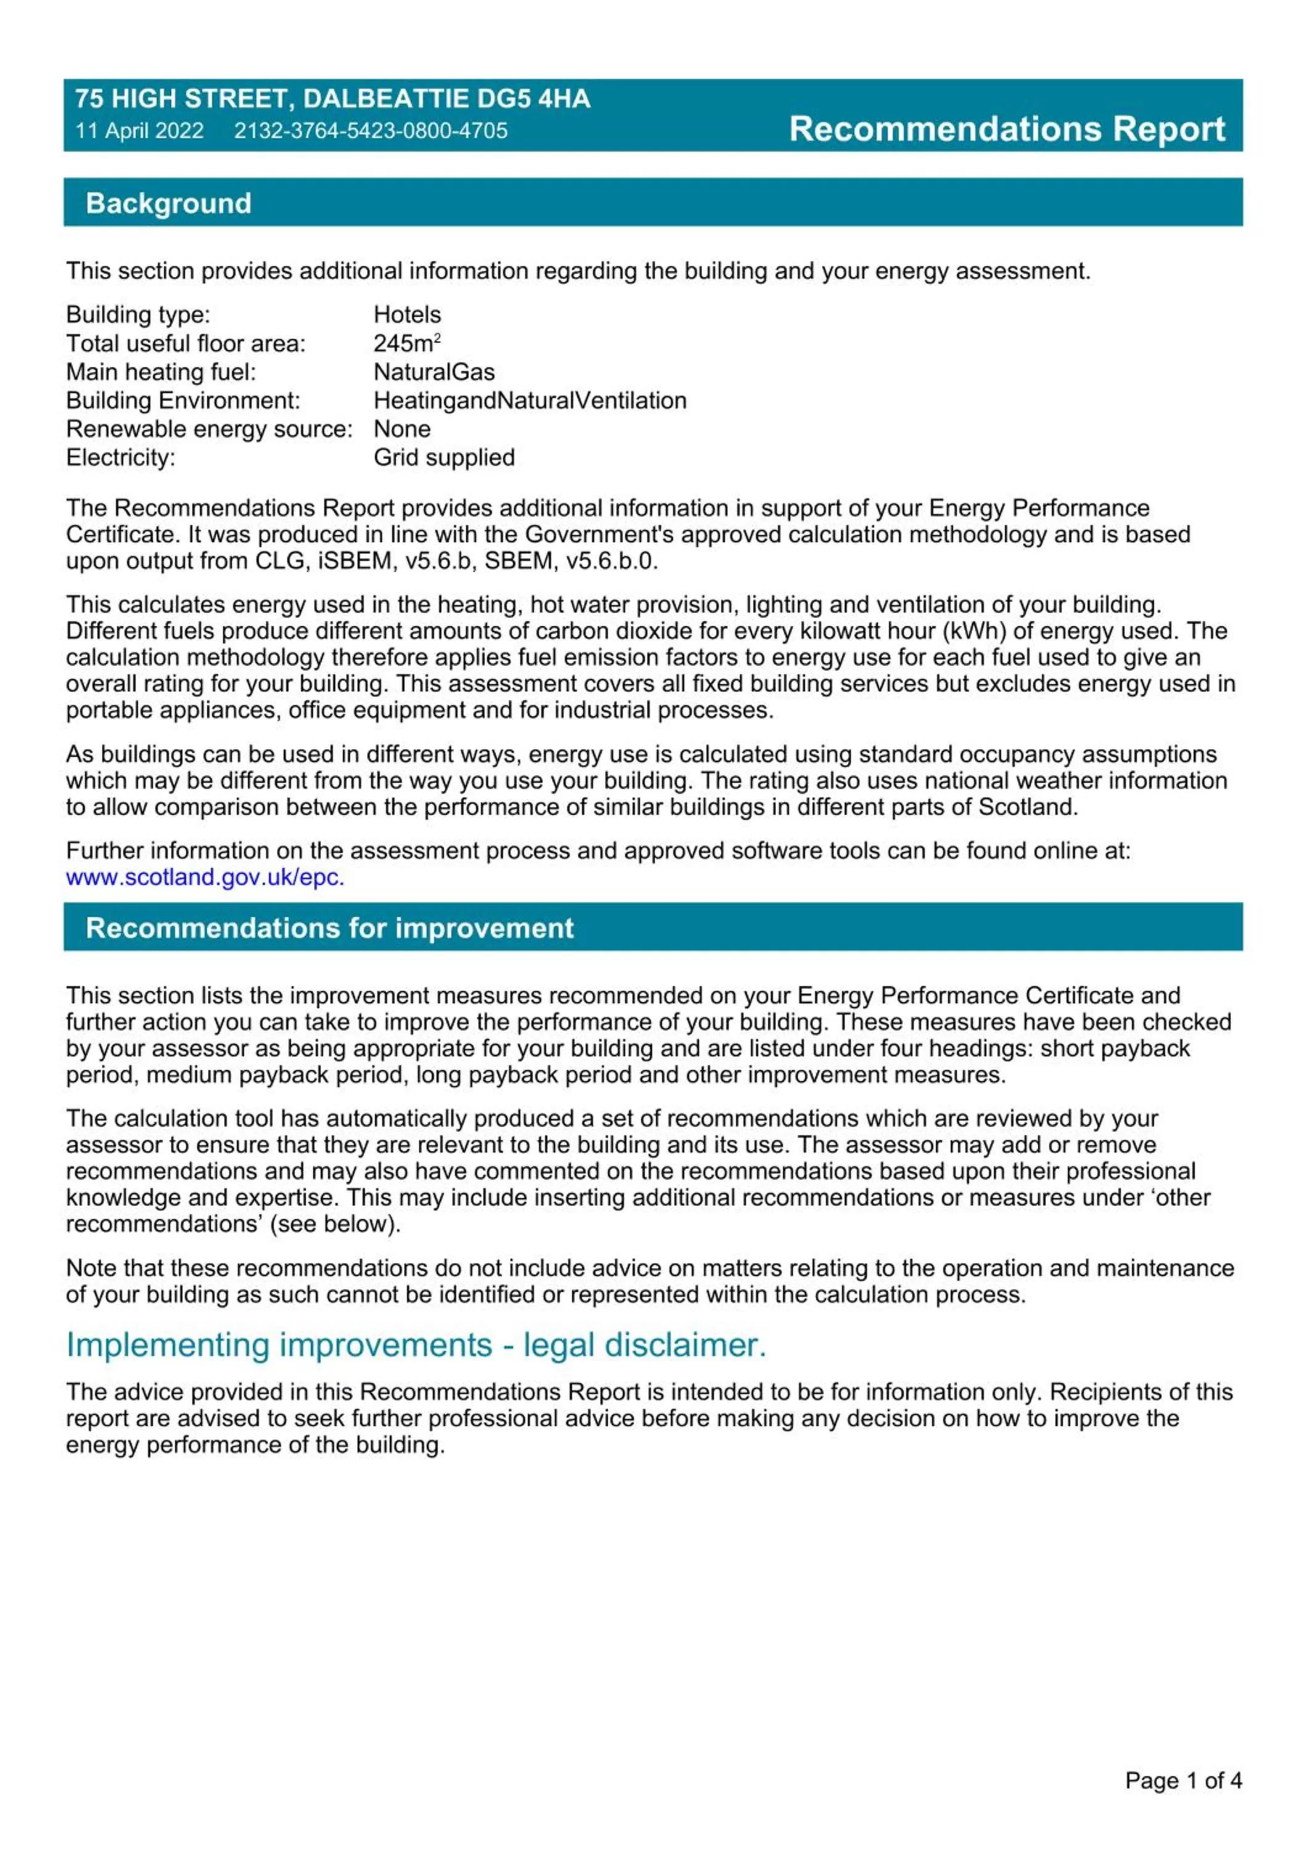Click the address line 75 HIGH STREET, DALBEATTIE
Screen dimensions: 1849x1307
[x=332, y=99]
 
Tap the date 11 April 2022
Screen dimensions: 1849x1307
[x=139, y=131]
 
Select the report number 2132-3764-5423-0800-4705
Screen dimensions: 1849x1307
[x=371, y=131]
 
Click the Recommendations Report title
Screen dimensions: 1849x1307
[x=1007, y=129]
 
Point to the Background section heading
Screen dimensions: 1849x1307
[x=168, y=203]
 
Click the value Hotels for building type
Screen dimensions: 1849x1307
[x=407, y=314]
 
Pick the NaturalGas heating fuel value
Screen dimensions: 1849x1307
[x=433, y=372]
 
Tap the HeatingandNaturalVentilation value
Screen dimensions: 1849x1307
[x=529, y=400]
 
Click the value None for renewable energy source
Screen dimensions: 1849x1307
[x=401, y=428]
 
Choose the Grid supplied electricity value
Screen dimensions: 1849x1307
[x=444, y=457]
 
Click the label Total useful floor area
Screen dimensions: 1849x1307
[x=185, y=343]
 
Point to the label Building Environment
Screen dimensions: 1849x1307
[x=183, y=400]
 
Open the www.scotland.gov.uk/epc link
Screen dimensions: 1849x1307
[x=205, y=877]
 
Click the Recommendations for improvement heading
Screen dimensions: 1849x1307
[x=329, y=928]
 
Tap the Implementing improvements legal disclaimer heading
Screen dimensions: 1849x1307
[x=416, y=1345]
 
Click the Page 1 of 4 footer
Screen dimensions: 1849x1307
[x=1183, y=1781]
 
